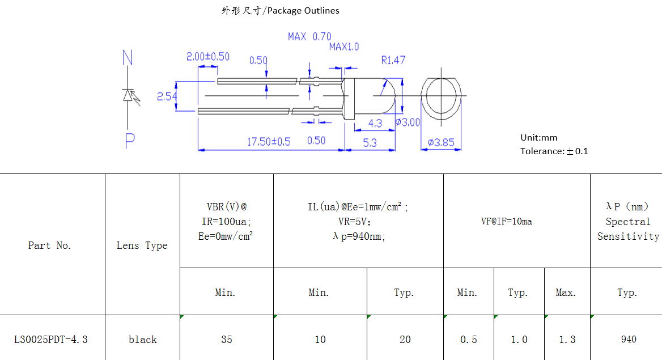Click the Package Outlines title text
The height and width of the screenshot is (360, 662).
pyautogui.click(x=280, y=11)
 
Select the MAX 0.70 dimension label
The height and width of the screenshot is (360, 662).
pyautogui.click(x=309, y=37)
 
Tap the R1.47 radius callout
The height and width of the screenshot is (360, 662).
pyautogui.click(x=393, y=60)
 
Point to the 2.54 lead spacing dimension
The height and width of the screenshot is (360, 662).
pyautogui.click(x=167, y=97)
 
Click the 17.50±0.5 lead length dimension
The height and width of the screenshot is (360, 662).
pyautogui.click(x=268, y=142)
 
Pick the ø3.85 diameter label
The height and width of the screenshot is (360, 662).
pyautogui.click(x=441, y=142)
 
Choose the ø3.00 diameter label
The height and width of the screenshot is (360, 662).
pyautogui.click(x=408, y=122)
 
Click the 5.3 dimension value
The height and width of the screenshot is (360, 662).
pyautogui.click(x=370, y=143)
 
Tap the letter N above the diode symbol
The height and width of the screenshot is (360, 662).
pyautogui.click(x=128, y=58)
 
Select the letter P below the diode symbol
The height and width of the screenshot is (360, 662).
pyautogui.click(x=130, y=141)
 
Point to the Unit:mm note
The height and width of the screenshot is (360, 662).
pyautogui.click(x=538, y=138)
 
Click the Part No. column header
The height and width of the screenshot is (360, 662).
pyautogui.click(x=50, y=245)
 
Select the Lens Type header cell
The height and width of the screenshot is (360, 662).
pyautogui.click(x=142, y=245)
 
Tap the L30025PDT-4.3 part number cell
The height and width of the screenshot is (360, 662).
pyautogui.click(x=51, y=340)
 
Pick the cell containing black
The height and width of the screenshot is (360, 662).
pyautogui.click(x=142, y=340)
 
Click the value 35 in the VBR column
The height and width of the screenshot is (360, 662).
pyautogui.click(x=226, y=340)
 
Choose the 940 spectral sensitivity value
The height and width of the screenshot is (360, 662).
pyautogui.click(x=628, y=340)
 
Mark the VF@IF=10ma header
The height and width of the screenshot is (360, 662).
pyautogui.click(x=507, y=222)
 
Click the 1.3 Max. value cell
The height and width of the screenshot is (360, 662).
pyautogui.click(x=567, y=340)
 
